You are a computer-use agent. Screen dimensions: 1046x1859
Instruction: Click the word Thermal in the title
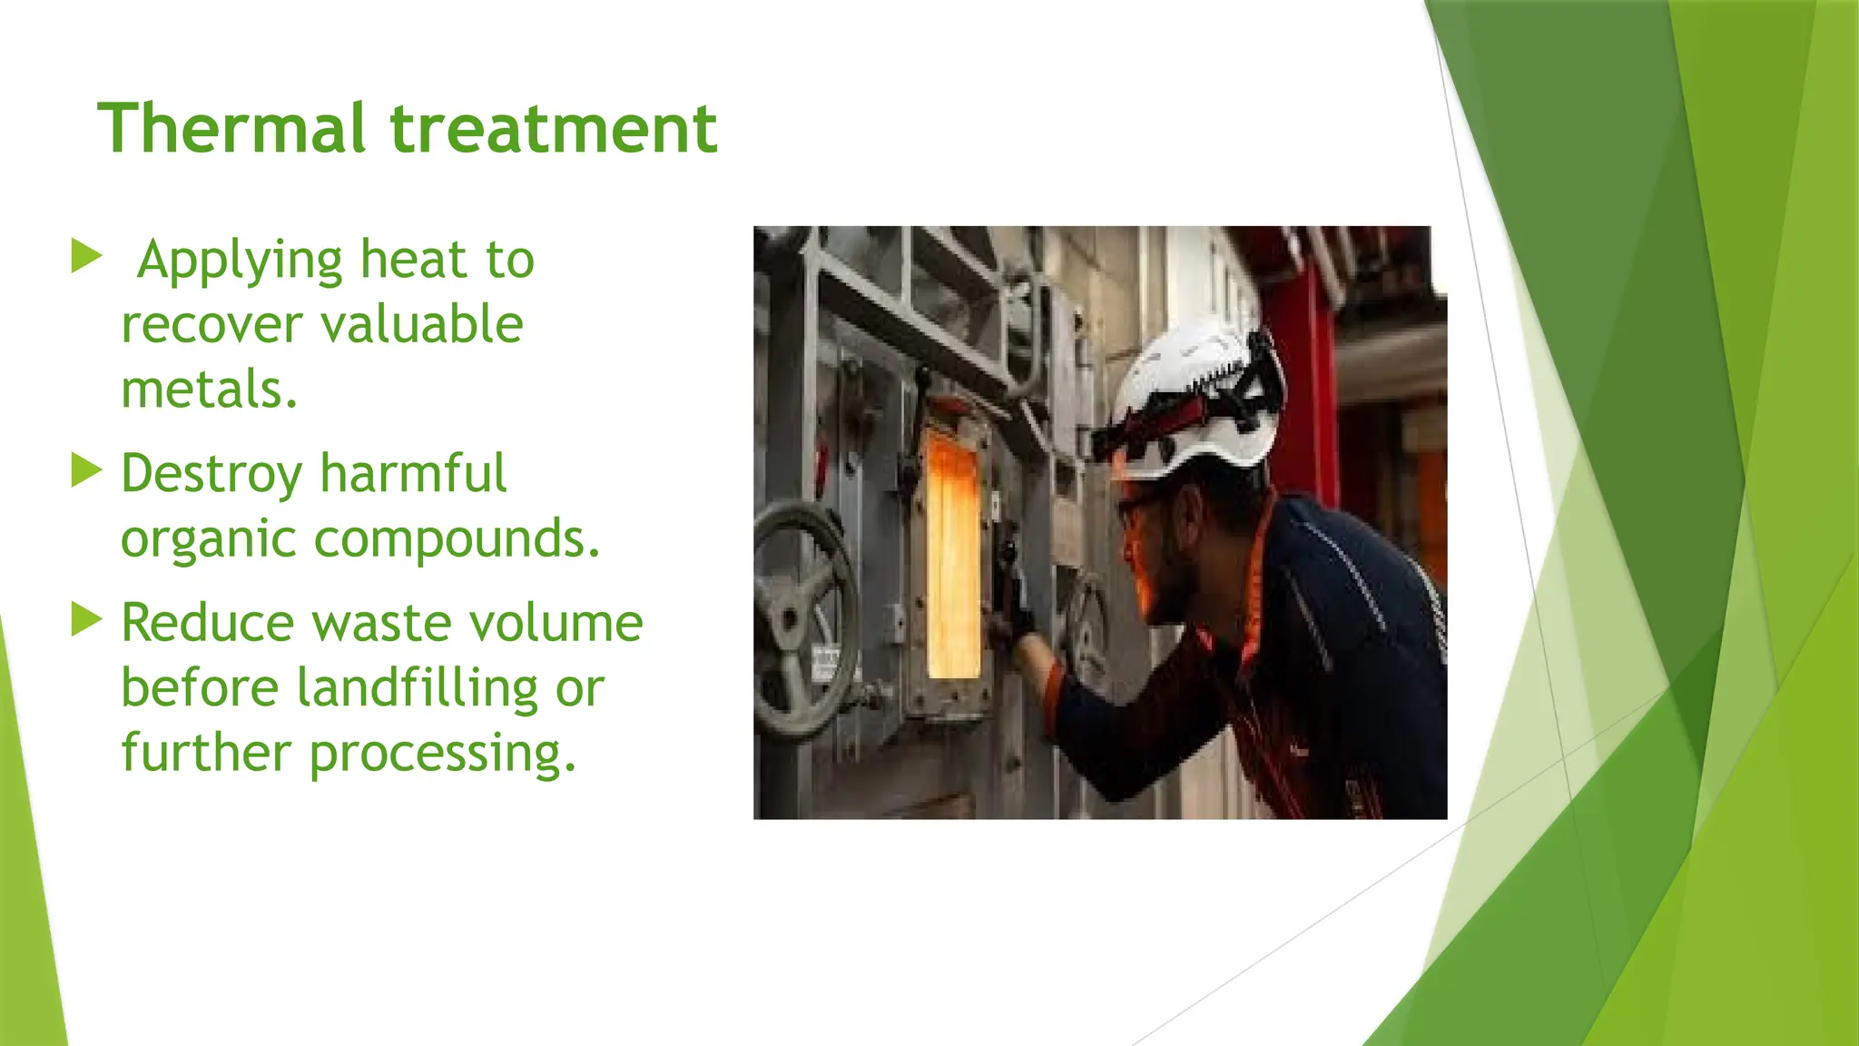[x=231, y=128]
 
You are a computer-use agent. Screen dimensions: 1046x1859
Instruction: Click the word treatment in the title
[x=554, y=128]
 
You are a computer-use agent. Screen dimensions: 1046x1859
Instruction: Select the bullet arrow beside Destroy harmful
[x=86, y=470]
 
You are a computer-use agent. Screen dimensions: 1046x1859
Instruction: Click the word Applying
[x=240, y=261]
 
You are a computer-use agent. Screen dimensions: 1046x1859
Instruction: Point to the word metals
[x=209, y=390]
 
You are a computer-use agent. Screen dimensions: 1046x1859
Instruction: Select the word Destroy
[x=211, y=475]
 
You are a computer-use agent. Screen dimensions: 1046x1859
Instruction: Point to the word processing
[x=442, y=754]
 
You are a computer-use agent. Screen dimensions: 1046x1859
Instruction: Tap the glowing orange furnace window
[x=952, y=554]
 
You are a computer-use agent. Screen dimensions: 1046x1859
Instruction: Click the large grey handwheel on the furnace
[x=803, y=617]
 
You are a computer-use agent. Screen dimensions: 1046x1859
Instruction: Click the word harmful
[x=413, y=473]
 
